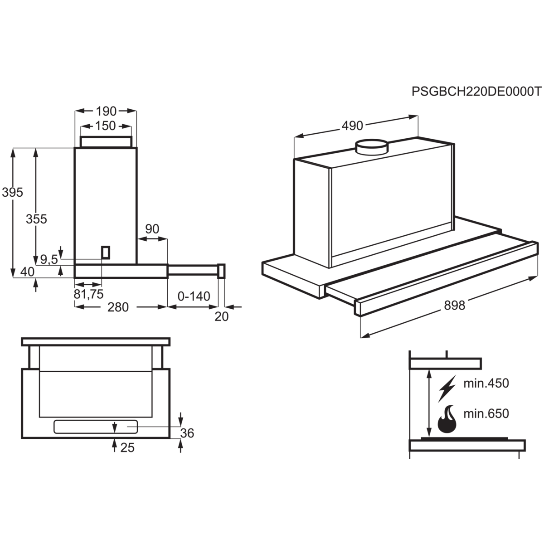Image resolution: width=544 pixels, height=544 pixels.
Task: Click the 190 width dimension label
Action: pyautogui.click(x=105, y=110)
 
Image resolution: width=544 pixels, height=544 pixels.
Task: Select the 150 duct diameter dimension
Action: pyautogui.click(x=105, y=126)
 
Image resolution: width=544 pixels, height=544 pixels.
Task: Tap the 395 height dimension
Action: pyautogui.click(x=12, y=193)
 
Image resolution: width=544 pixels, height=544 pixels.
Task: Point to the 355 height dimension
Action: pyautogui.click(x=36, y=219)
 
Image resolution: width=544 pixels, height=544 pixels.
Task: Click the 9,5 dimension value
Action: pyautogui.click(x=49, y=259)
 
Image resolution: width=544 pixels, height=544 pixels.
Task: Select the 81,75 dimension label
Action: pyautogui.click(x=89, y=294)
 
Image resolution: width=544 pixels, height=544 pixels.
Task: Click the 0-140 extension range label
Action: pyautogui.click(x=194, y=296)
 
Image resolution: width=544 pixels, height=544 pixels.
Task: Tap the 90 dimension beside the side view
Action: pyautogui.click(x=152, y=229)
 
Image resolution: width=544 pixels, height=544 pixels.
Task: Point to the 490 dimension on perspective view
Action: pyautogui.click(x=352, y=126)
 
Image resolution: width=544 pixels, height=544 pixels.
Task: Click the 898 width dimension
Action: pyautogui.click(x=454, y=306)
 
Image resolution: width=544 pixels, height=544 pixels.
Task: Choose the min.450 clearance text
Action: pyautogui.click(x=486, y=384)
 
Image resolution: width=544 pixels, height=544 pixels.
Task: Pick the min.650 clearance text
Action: pyautogui.click(x=486, y=413)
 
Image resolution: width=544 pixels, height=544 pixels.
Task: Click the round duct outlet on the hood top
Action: pyautogui.click(x=371, y=147)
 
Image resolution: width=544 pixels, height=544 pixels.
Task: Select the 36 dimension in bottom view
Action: pyautogui.click(x=187, y=433)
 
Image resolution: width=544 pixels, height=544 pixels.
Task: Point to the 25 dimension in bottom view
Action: pyautogui.click(x=128, y=448)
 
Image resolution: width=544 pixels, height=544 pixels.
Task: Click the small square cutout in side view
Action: pyautogui.click(x=105, y=252)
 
